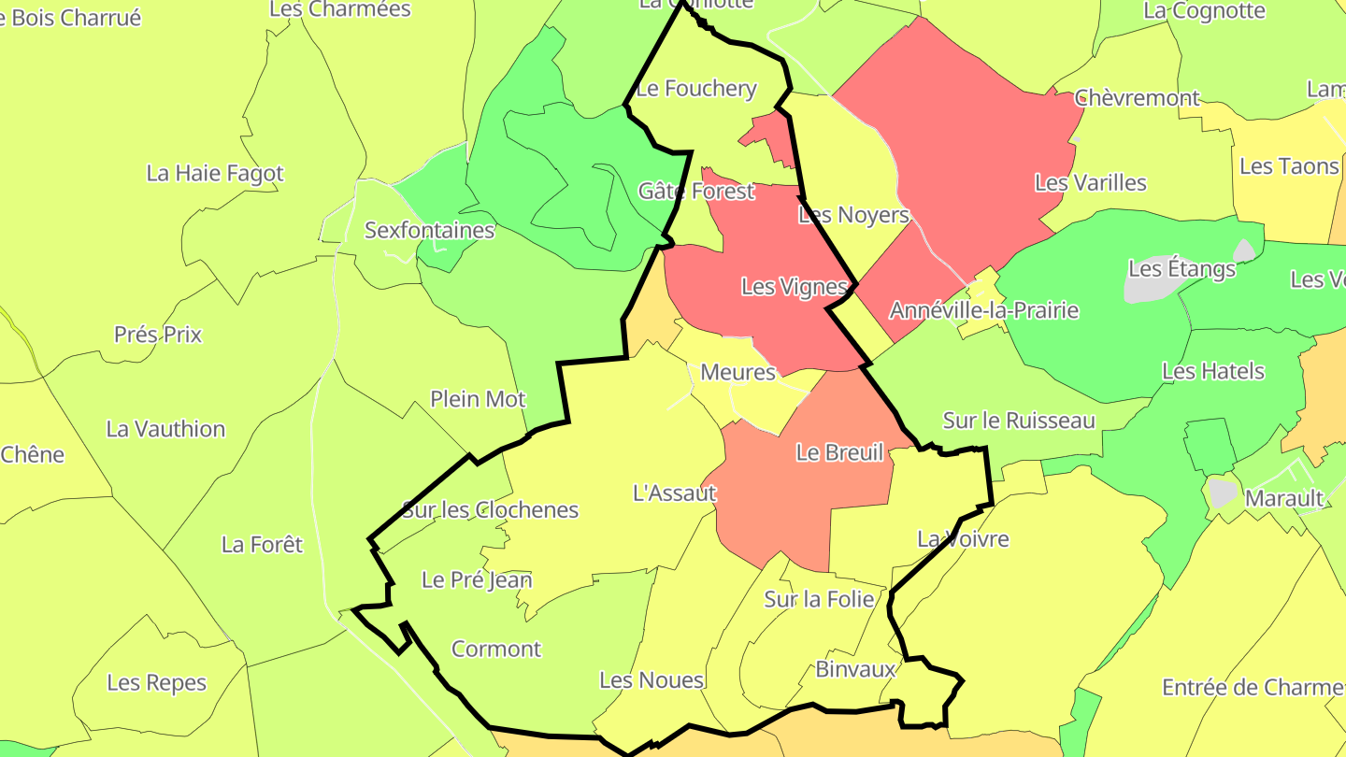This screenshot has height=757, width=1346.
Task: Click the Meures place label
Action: (x=737, y=372)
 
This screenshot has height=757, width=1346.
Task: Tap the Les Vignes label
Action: (x=794, y=286)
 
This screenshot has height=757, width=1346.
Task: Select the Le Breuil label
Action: (x=839, y=453)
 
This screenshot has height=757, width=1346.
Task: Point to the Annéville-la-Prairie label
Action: (x=983, y=310)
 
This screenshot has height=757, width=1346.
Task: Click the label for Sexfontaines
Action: (x=429, y=230)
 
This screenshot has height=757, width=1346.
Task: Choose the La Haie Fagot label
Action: (x=214, y=173)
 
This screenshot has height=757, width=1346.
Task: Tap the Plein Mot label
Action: (x=478, y=399)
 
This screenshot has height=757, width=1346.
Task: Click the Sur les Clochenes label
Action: (x=490, y=510)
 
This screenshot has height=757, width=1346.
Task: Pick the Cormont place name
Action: (x=496, y=649)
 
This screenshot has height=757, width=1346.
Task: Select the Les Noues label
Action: (x=652, y=680)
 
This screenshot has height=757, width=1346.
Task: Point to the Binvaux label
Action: (x=855, y=669)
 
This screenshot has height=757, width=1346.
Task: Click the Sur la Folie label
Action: (x=819, y=599)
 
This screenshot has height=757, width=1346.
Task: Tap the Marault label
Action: (x=1284, y=498)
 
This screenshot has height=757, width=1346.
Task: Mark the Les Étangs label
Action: (x=1181, y=269)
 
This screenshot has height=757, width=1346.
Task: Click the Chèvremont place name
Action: (x=1137, y=98)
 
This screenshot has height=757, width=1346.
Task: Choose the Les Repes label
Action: (x=156, y=682)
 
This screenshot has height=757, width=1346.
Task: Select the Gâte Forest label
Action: (x=695, y=192)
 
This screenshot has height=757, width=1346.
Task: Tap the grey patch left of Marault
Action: (x=1222, y=492)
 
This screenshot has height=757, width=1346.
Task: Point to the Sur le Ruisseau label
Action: (x=1018, y=421)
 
